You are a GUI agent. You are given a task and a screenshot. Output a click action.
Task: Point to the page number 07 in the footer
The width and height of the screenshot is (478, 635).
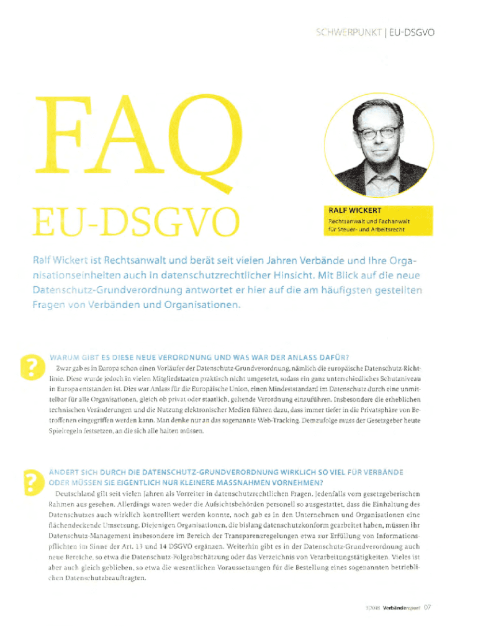(x=427, y=606)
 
